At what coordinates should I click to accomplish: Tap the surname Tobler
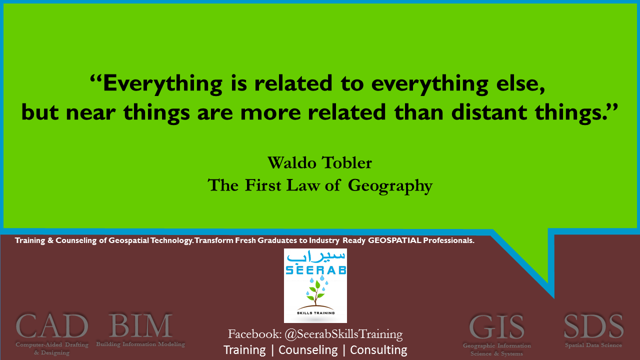(x=347, y=163)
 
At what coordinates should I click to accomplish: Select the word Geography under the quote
(x=390, y=186)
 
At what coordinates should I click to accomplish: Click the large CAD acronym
(x=51, y=325)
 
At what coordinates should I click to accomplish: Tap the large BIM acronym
(x=140, y=325)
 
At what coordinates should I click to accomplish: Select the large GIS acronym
(x=496, y=327)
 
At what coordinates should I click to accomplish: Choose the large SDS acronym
(x=593, y=326)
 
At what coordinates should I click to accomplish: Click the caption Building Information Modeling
(x=140, y=344)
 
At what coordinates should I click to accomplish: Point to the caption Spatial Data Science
(x=593, y=345)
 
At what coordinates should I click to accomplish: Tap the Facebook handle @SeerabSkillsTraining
(x=343, y=334)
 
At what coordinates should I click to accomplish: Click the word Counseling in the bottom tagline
(x=308, y=350)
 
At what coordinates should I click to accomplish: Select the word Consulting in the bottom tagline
(x=378, y=350)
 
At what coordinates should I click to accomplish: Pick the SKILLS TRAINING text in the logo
(x=315, y=313)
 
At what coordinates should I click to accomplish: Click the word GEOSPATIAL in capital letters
(x=394, y=240)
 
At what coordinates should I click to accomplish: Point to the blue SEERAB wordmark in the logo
(x=315, y=270)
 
